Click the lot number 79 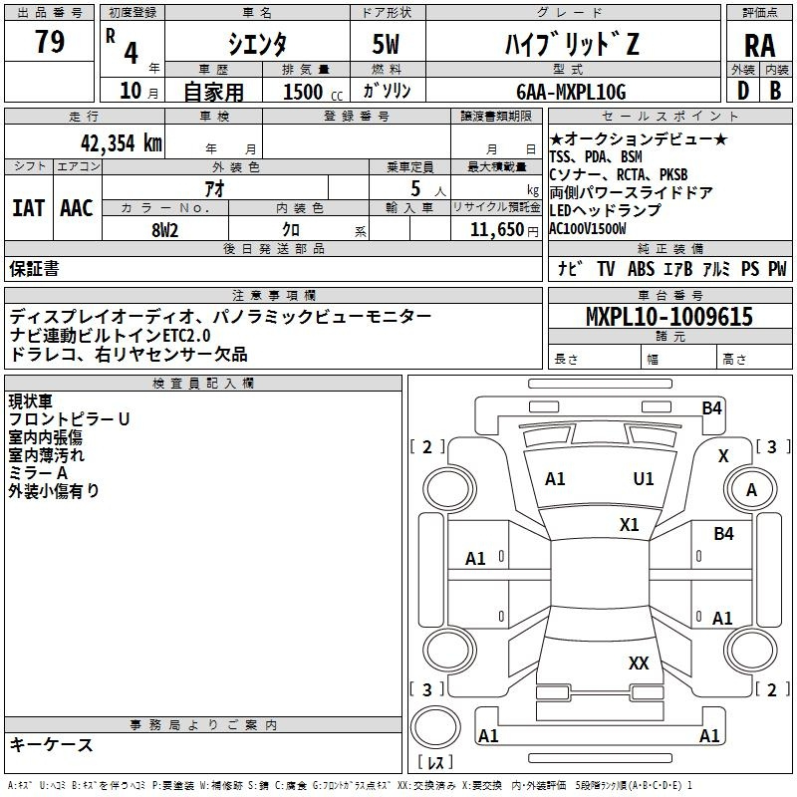50,41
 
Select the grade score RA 760,46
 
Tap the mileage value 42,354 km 121,143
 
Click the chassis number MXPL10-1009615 669,316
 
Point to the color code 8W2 165,230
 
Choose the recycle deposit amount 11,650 496,229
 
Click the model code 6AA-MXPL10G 571,92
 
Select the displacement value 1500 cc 313,92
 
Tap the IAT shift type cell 29,208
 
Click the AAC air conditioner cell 77,208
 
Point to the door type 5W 386,44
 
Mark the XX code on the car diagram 639,663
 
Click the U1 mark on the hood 644,479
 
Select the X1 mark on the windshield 630,525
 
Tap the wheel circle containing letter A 751,489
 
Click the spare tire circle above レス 435,727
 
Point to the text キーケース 52,745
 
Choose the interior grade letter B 775,91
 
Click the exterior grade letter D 743,91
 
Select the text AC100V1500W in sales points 588,229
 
